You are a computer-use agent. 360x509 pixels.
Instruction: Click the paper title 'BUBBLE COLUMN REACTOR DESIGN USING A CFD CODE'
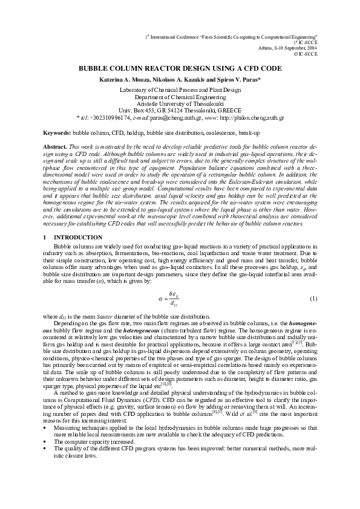180,70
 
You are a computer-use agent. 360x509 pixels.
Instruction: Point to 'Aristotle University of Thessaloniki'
180,103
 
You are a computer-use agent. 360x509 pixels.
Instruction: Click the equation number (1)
313,299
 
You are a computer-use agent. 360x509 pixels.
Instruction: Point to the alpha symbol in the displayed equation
161,299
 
